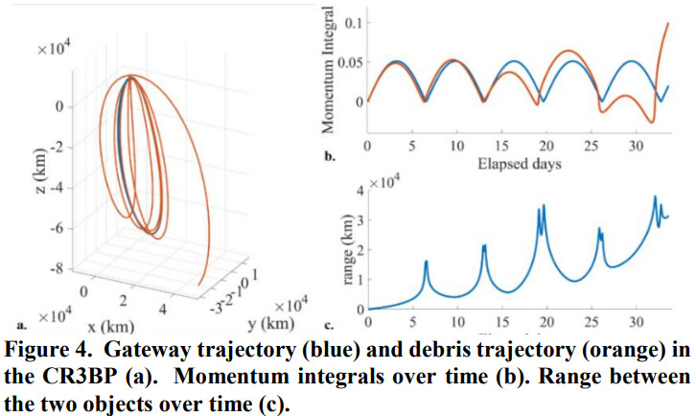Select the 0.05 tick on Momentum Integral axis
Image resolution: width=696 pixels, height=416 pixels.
coord(347,61)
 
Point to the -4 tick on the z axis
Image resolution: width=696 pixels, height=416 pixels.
coord(57,187)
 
